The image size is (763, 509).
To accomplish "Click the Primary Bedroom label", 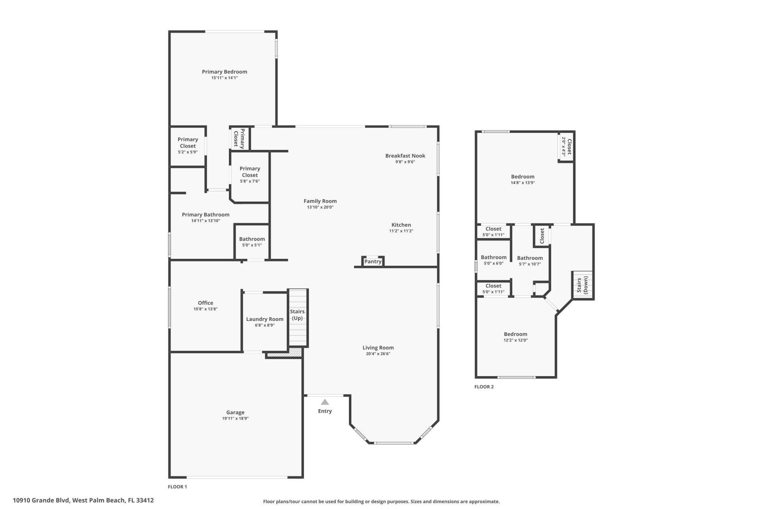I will (x=224, y=72).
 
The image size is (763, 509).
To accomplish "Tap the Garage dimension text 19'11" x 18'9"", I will (x=235, y=418).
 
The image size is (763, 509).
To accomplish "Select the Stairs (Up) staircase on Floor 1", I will (x=298, y=317).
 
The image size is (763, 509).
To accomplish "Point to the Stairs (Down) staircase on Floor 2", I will (x=583, y=285).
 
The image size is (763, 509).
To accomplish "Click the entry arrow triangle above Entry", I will (x=325, y=402).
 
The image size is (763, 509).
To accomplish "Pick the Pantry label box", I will (x=373, y=262).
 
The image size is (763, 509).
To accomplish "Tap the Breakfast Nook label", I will (x=405, y=156).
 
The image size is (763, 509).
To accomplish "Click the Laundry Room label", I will (x=265, y=319).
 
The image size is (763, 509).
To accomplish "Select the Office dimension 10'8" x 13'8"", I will (x=205, y=309).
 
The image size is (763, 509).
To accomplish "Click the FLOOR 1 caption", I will (x=177, y=487).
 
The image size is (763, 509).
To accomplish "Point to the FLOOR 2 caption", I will (x=484, y=387).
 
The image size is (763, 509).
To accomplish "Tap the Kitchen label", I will (x=401, y=225).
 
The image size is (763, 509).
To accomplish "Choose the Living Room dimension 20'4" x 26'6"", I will (x=378, y=354).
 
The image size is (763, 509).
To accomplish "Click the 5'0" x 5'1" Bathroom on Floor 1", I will (x=252, y=242).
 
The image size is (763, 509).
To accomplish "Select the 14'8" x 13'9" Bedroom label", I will (x=523, y=177).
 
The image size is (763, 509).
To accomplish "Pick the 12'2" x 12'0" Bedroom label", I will (x=515, y=334).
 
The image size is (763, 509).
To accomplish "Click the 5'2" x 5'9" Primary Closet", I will (x=188, y=146).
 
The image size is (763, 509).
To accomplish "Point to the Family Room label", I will (x=320, y=201).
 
